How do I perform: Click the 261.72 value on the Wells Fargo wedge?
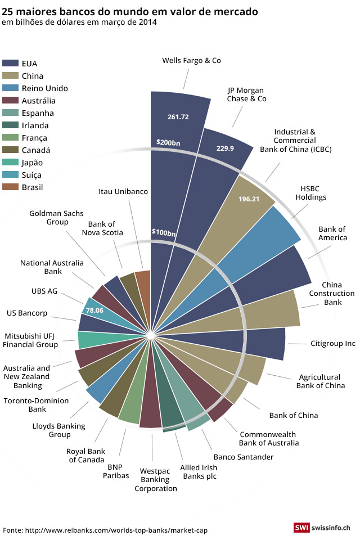(178, 117)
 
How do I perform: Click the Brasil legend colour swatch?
(11, 187)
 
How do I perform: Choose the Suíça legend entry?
(31, 175)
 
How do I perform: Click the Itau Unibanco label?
(123, 191)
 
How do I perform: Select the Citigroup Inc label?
(333, 343)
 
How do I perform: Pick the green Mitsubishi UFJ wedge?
(87, 340)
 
